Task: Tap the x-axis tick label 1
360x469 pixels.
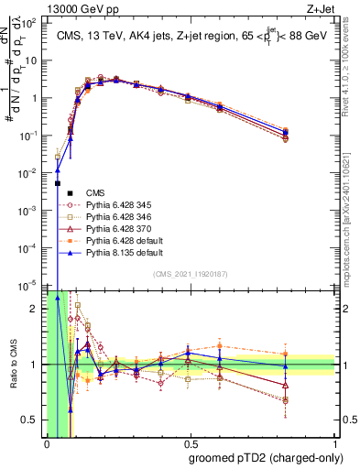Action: (x=334, y=444)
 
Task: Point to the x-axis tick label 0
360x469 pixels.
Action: (x=47, y=444)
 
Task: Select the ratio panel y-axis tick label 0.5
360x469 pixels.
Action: (x=30, y=420)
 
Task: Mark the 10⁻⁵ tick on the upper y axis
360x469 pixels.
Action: (x=30, y=285)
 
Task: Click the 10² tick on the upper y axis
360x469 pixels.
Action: (x=30, y=23)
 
